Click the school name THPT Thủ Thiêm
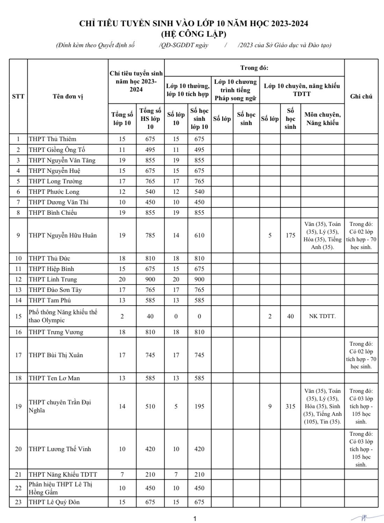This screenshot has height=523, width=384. coord(52,139)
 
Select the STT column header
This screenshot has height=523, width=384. coord(18,96)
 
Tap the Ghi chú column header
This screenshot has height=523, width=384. coord(361,96)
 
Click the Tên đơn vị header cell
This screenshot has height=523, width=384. coord(68,96)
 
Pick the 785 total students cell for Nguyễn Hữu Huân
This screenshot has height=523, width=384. coord(150,235)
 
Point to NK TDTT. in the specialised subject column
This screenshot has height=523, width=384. coord(322,316)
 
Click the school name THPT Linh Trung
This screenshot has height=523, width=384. coord(53,279)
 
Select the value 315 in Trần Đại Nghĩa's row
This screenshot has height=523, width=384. coord(290,406)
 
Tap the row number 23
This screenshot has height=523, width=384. coord(18,502)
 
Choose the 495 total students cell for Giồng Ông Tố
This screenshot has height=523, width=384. coord(150,150)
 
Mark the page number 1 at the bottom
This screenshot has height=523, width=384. coord(195,518)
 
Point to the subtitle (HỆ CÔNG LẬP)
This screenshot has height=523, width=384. coord(194,34)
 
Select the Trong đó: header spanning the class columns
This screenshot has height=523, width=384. coord(254,68)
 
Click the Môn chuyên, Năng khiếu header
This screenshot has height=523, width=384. coord(322,119)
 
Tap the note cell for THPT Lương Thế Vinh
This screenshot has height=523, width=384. coord(361,449)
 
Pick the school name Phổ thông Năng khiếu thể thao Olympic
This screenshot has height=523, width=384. coord(63,316)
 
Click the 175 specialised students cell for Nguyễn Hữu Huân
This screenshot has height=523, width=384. coord(290,235)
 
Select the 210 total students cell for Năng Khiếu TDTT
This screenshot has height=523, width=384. coord(150,474)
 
